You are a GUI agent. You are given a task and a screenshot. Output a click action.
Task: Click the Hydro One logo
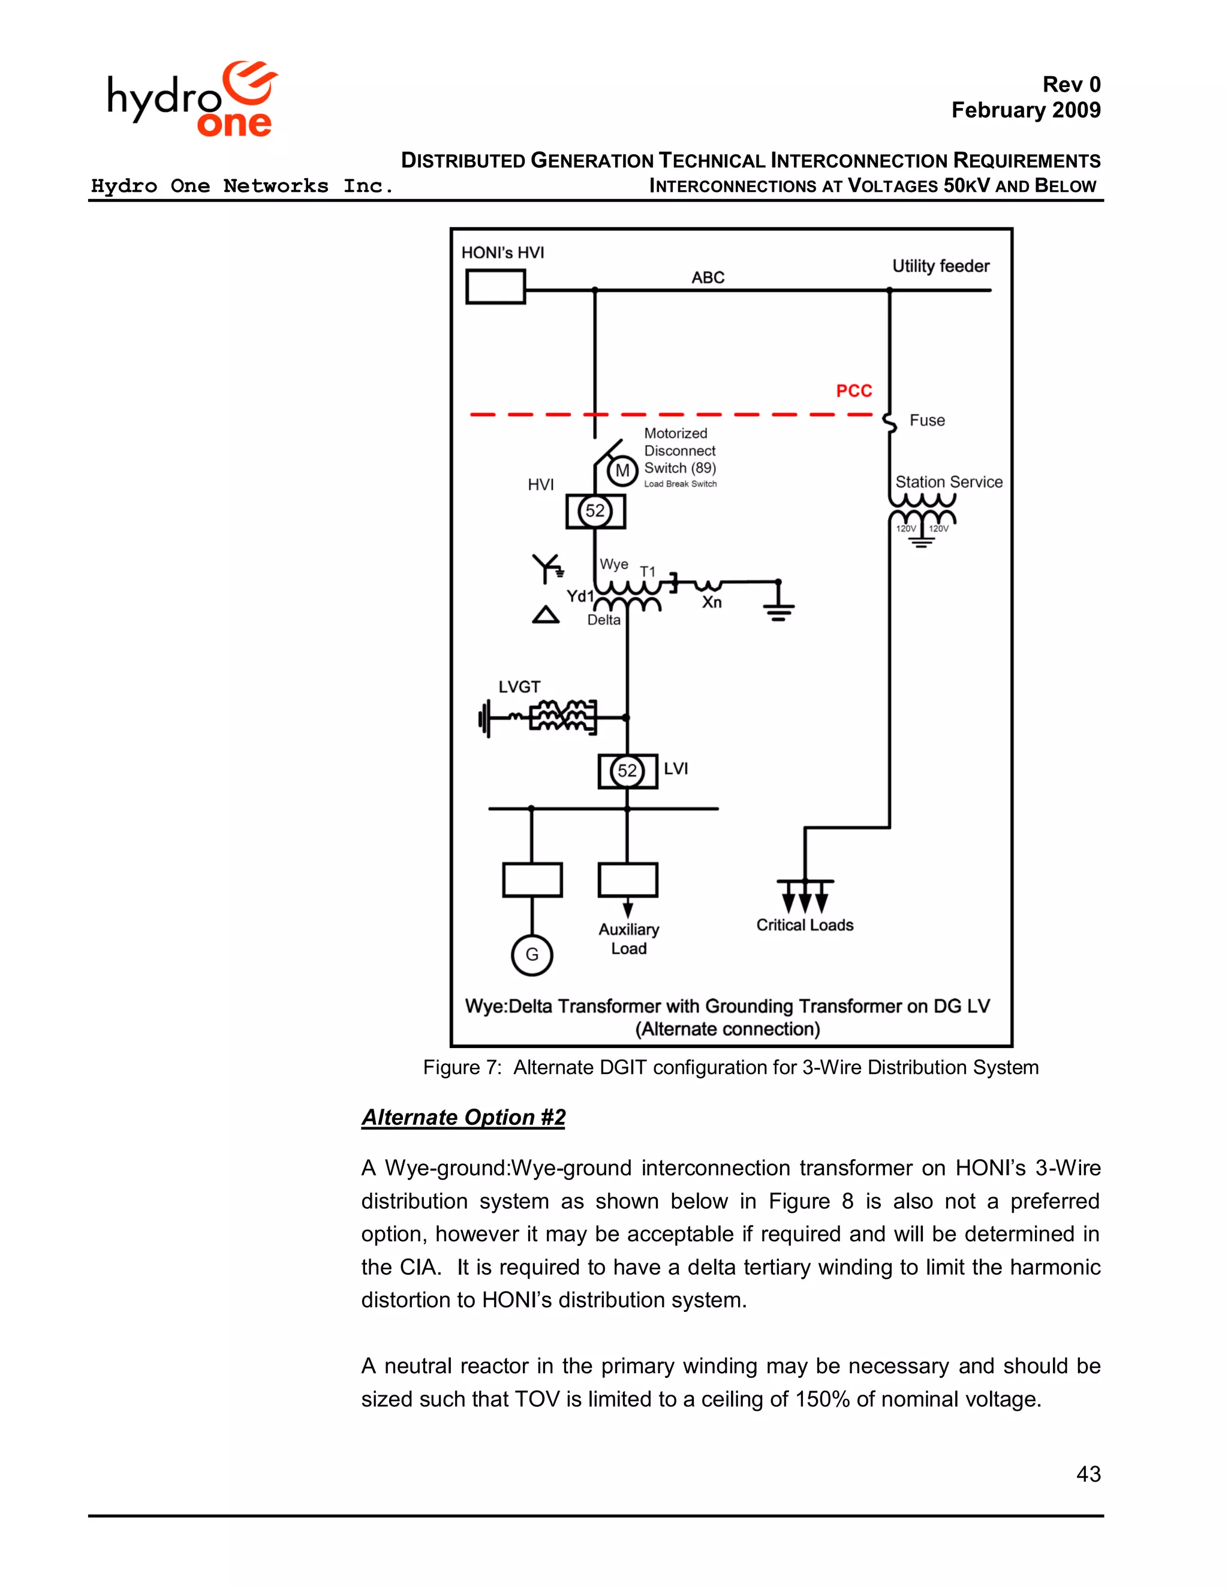coord(192,100)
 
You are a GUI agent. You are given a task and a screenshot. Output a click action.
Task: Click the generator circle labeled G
coord(532,955)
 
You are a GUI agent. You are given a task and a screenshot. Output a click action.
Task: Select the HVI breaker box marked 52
coord(595,511)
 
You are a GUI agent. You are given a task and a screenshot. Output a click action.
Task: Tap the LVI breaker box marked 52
coord(627,771)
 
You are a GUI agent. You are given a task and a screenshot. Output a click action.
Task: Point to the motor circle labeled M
coord(622,471)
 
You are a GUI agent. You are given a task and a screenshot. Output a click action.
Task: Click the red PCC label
coord(853,392)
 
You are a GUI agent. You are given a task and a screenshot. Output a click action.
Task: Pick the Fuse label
coord(927,420)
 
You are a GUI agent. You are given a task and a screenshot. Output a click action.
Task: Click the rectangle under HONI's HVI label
coord(495,287)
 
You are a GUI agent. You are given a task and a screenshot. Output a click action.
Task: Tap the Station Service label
coord(948,481)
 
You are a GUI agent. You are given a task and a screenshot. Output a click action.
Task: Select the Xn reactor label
coord(712,603)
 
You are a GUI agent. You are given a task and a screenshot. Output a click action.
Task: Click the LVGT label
coord(519,687)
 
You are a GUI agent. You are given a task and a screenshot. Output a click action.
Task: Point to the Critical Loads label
coord(805,925)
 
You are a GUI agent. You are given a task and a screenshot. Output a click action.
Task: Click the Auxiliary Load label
coord(628,938)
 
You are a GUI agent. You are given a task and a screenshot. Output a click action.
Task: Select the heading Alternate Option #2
coord(463,1117)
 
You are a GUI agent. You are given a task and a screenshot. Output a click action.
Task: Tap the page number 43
coord(1088,1473)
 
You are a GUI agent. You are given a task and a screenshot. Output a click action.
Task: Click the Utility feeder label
coord(940,266)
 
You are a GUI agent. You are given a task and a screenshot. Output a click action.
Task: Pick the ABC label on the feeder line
coord(707,277)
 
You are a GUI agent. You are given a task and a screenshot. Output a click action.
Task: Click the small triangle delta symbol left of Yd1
coord(546,616)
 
